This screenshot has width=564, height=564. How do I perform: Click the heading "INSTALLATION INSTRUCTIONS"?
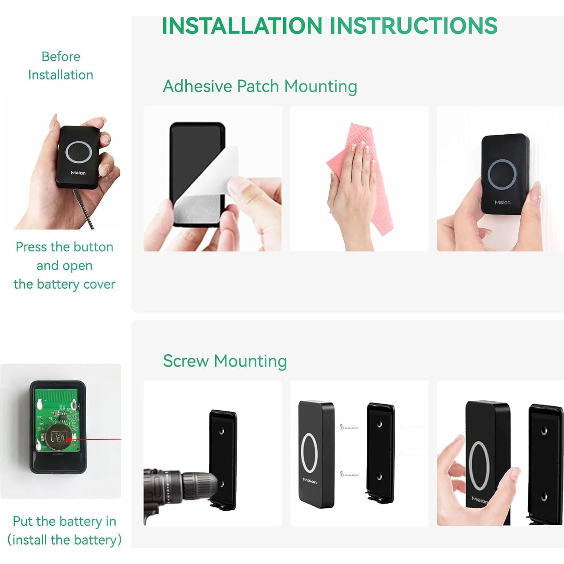[x=329, y=26]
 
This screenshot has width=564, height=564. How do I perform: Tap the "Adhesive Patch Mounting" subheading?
[x=260, y=86]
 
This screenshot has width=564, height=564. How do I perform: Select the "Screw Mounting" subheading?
[x=225, y=361]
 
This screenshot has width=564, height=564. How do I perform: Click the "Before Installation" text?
[x=61, y=66]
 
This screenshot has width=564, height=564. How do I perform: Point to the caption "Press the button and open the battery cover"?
[x=64, y=265]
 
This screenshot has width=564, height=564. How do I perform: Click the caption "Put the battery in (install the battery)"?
[x=64, y=530]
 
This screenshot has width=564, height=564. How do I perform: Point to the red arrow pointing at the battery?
[x=95, y=439]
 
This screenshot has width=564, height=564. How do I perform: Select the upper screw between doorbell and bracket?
[x=350, y=427]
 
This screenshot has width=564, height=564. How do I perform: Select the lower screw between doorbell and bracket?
[x=350, y=474]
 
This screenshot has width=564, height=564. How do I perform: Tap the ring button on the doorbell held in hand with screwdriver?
[x=79, y=152]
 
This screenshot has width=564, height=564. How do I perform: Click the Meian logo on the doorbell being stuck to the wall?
[x=502, y=203]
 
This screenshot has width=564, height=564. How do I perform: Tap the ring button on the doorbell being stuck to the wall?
[x=502, y=174]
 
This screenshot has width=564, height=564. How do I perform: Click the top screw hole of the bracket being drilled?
[x=222, y=431]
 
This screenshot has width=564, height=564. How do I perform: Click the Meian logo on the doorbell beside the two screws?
[x=310, y=481]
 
